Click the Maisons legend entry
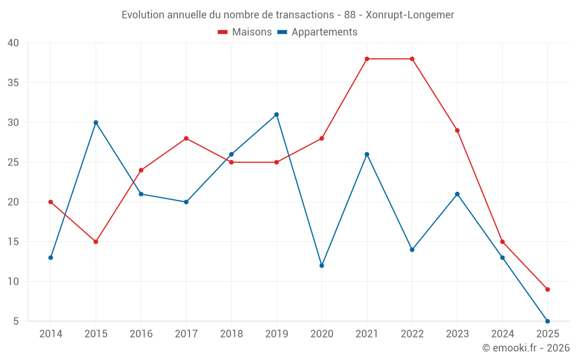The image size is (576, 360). click(245, 32)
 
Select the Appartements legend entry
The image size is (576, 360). click(317, 32)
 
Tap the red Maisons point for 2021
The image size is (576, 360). click(367, 59)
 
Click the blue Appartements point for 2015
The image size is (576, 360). click(96, 122)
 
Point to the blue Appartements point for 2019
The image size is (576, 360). click(276, 114)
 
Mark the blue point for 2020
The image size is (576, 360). click(321, 266)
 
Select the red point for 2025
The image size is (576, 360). click(547, 289)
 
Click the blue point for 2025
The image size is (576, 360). click(547, 321)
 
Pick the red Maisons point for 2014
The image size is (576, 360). click(51, 202)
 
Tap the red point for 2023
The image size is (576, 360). click(457, 130)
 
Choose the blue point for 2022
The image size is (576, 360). click(412, 249)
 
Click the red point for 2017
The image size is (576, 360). click(186, 138)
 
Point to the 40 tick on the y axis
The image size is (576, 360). click(13, 43)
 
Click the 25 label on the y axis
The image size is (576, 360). click(13, 162)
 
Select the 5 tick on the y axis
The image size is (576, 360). click(16, 321)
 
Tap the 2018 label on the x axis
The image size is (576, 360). click(231, 334)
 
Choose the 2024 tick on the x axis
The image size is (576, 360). click(502, 334)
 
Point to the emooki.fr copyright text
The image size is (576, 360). click(526, 348)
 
